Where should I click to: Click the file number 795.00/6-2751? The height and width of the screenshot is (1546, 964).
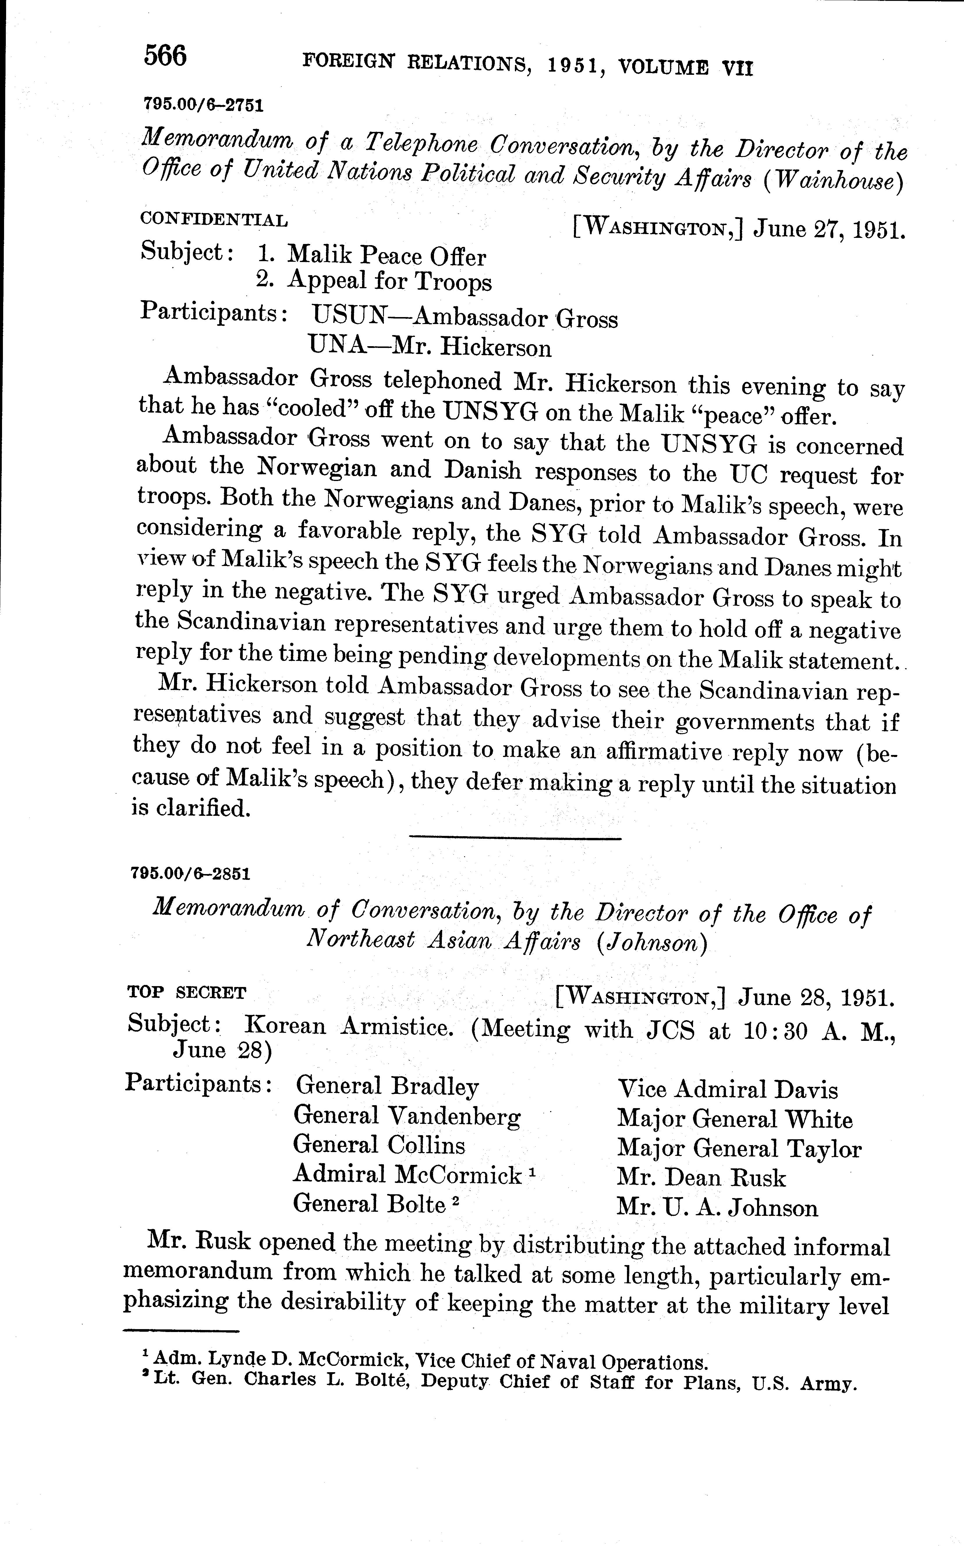pos(203,105)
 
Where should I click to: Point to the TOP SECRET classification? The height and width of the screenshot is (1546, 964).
pos(186,993)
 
